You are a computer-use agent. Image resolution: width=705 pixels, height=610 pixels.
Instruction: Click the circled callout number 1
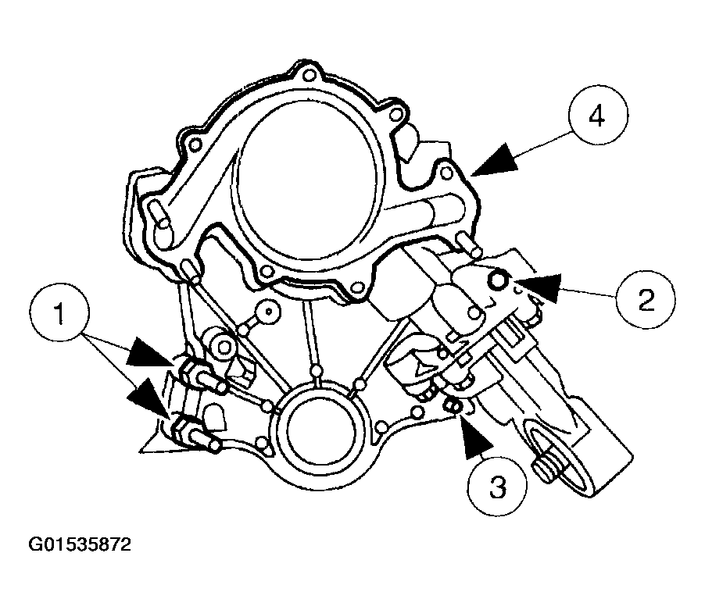pyautogui.click(x=58, y=313)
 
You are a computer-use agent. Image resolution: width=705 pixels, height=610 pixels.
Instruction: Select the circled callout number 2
pyautogui.click(x=646, y=300)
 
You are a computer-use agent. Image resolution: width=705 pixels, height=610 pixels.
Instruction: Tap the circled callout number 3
pyautogui.click(x=498, y=487)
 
